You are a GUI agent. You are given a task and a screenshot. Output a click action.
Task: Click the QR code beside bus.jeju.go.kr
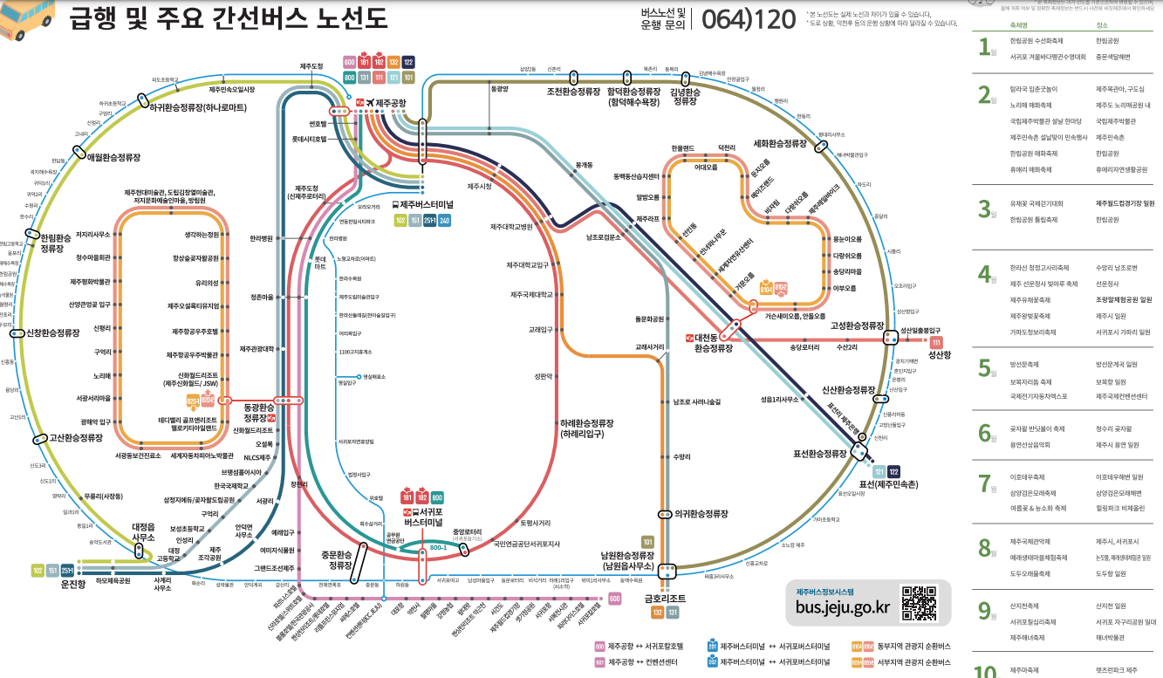919,603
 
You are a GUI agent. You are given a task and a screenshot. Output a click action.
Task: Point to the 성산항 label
940,356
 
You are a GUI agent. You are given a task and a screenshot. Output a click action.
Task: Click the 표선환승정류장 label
819,454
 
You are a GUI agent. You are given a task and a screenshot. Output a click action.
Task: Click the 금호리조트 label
666,599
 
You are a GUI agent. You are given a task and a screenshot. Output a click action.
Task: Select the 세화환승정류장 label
780,143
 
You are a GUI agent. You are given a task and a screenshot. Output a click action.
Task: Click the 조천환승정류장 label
574,91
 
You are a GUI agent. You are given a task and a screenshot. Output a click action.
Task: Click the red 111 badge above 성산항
936,343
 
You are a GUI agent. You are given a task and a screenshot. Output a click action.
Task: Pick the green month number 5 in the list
984,367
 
